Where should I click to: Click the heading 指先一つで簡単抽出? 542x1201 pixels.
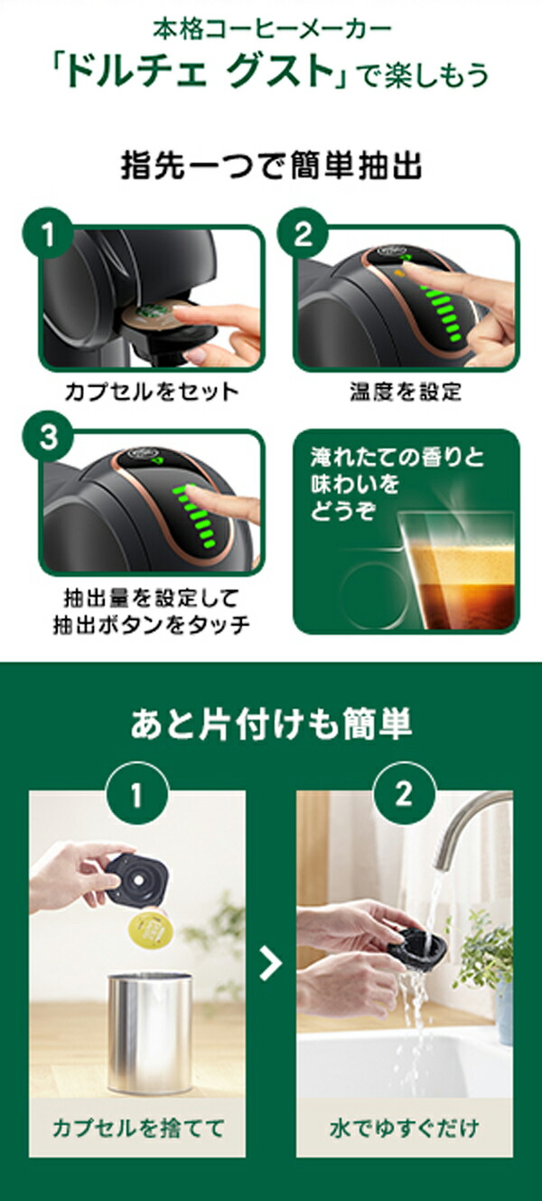272,167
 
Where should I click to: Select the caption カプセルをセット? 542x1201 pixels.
151,392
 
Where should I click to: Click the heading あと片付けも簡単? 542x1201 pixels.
271,724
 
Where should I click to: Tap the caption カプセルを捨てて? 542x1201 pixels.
137,1128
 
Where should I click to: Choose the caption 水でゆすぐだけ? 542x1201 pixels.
404,1128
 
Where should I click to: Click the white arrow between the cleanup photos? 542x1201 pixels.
270,964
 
